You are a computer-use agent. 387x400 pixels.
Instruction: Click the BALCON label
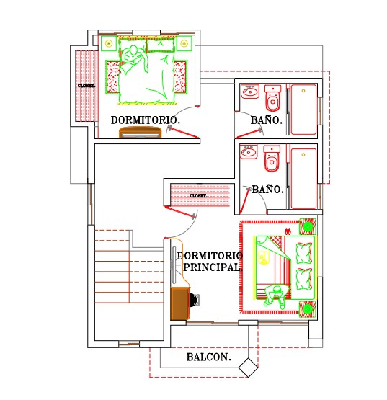pos(209,357)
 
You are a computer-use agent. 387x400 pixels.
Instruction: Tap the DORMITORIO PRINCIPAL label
pos(210,262)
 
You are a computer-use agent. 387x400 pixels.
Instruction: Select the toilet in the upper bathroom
pos(272,98)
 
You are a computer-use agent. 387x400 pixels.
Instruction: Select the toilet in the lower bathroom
pos(272,159)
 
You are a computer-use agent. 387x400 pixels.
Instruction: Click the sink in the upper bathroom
pos(250,91)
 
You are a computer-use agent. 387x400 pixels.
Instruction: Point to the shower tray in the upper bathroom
pos(303,110)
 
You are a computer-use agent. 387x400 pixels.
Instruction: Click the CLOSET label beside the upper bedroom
pos(86,86)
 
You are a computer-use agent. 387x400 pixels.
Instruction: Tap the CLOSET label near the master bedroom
pos(198,195)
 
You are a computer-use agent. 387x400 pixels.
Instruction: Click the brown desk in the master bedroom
pos(180,303)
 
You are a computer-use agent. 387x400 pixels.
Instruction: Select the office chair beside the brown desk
pos(195,300)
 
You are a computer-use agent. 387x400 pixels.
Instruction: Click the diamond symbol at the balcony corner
pos(248,368)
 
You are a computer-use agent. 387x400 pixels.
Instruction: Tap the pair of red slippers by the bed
pos(288,231)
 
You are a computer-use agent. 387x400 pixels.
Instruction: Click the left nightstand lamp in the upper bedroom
pos(109,44)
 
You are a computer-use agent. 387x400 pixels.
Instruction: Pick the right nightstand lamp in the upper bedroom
pos(184,44)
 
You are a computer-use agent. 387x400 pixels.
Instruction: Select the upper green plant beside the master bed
pos(308,226)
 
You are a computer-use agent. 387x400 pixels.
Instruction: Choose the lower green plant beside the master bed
pos(308,309)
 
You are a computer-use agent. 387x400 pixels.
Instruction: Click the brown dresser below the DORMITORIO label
pos(141,133)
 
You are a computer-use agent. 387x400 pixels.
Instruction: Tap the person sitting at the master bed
pos(275,296)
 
